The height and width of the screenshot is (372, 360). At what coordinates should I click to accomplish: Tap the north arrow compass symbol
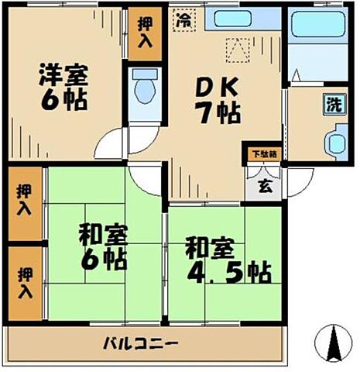tap(334, 343)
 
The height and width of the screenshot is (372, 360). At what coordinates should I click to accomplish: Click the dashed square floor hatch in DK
tap(235, 51)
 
